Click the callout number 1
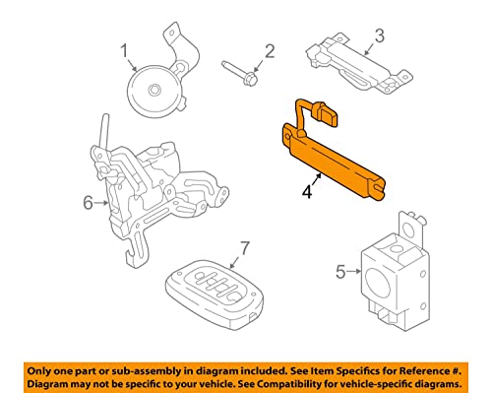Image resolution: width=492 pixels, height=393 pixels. (125, 51)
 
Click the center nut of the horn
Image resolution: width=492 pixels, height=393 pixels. (154, 92)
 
